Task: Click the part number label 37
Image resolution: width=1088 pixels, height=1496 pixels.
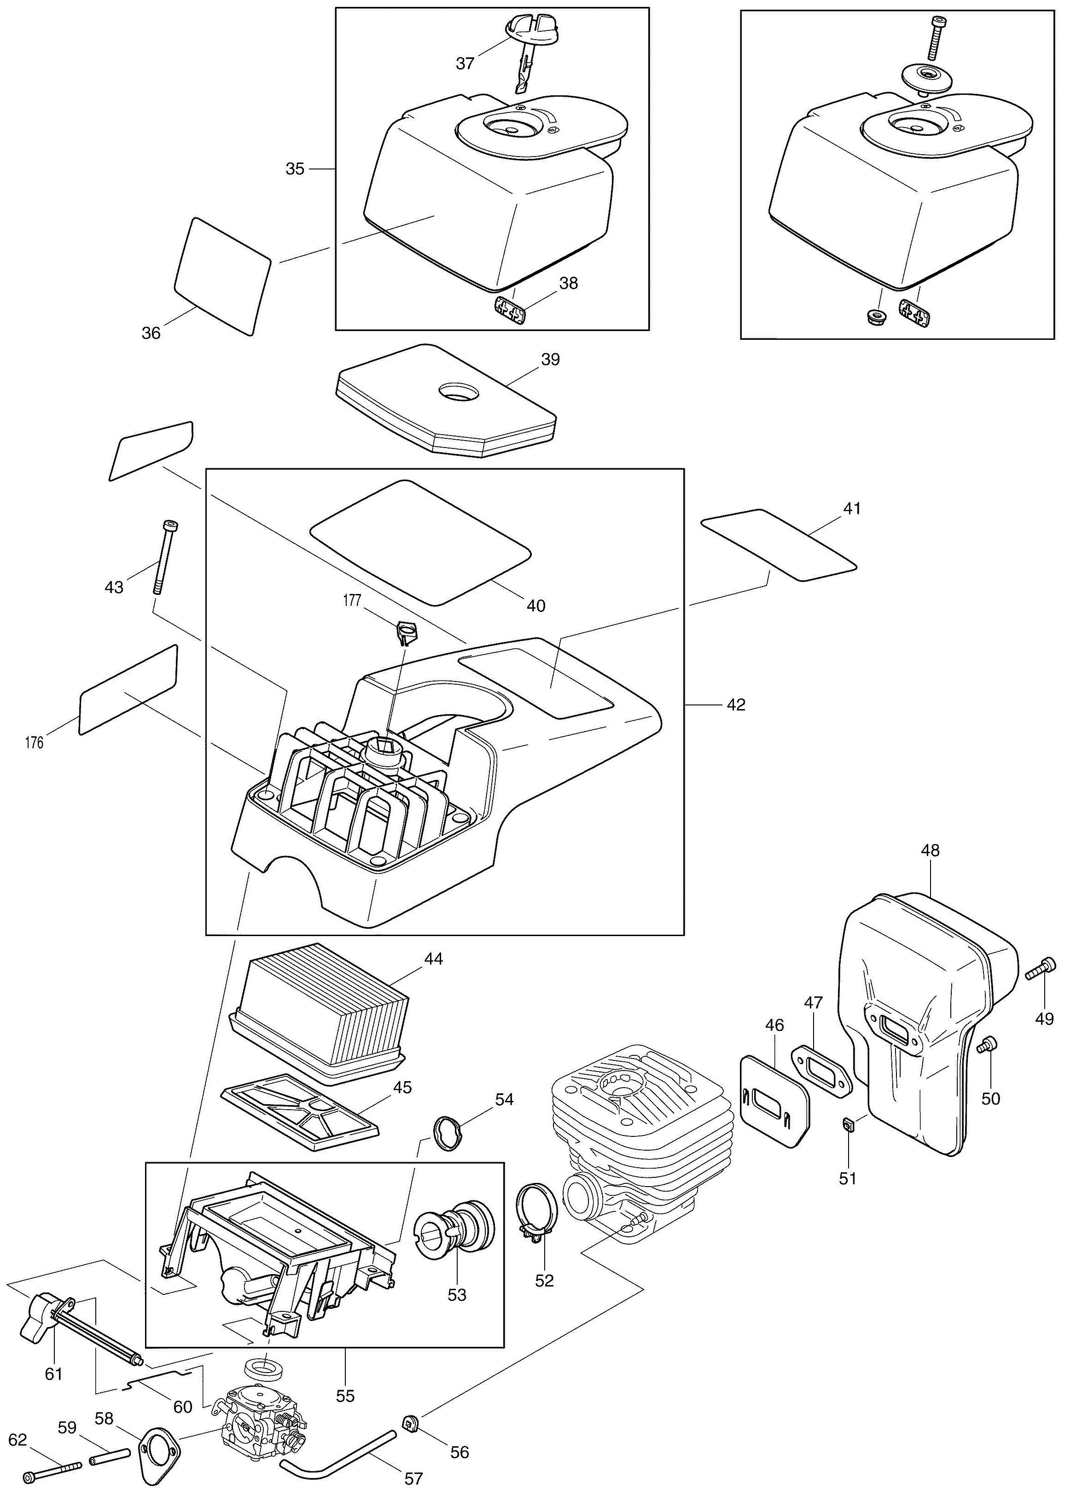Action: coord(465,64)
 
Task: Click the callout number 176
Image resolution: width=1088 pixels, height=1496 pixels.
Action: coord(34,743)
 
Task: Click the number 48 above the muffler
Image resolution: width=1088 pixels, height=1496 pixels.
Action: coord(931,850)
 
